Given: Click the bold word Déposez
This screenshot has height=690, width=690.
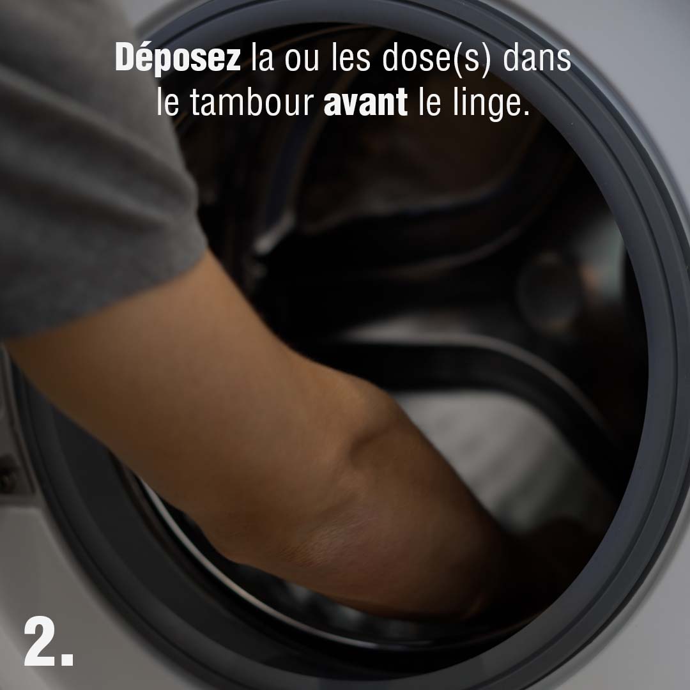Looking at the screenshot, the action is coord(178,58).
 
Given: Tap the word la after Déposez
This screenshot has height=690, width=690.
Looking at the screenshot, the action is coord(263,57).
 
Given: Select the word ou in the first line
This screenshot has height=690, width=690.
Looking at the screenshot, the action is coord(302,61).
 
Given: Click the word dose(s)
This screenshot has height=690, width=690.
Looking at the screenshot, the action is coord(436,59).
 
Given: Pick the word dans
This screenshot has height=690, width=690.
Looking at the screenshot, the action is coord(537,57).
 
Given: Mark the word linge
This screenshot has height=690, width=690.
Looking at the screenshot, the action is coord(484,105).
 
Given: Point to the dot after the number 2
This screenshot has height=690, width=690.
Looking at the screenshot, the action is coord(67,659).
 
